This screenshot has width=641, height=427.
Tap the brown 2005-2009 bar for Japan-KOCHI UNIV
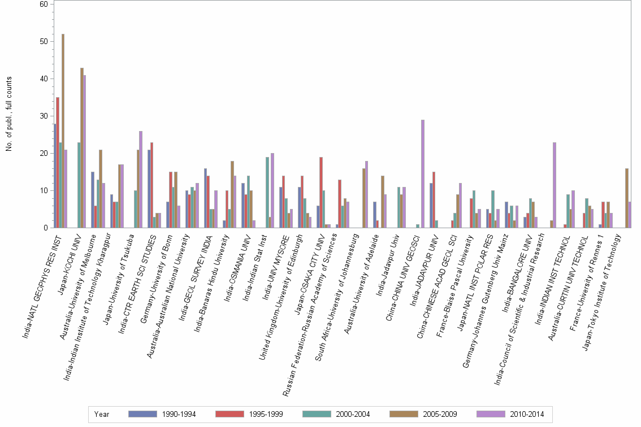[81, 148]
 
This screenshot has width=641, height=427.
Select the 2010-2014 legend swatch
[491, 414]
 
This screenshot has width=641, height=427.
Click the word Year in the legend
[102, 414]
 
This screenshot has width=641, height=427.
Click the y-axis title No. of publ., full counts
[9, 114]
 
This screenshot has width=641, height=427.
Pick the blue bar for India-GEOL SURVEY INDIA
[205, 198]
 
